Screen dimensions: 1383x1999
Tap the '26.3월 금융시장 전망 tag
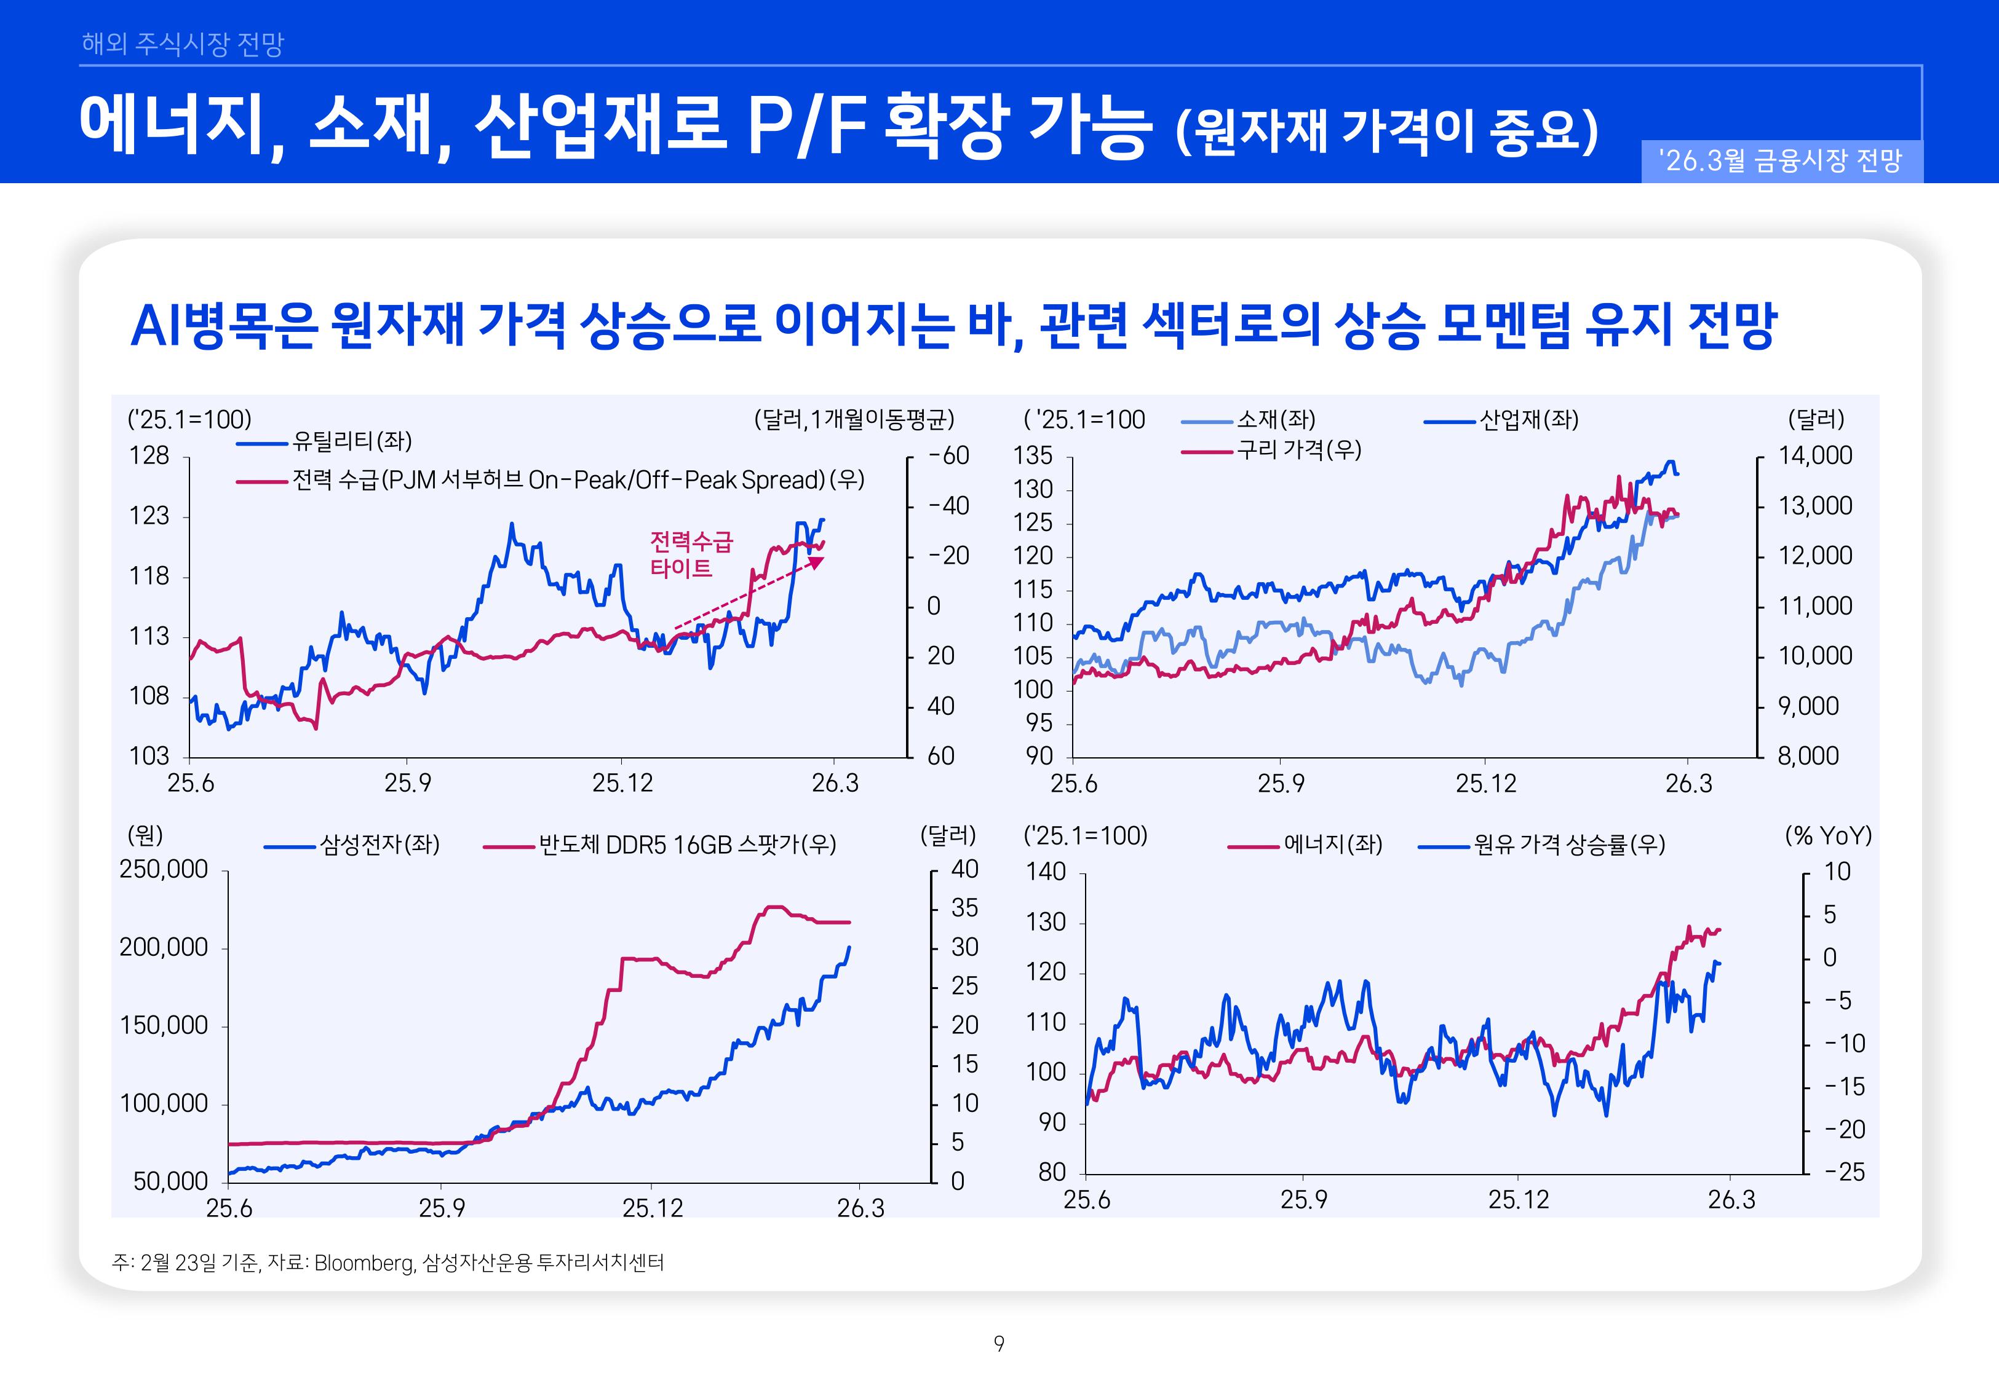[x=1781, y=161]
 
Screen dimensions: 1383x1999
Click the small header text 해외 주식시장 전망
[x=182, y=43]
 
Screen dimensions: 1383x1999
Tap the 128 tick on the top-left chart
[x=149, y=456]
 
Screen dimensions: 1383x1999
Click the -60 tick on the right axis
[x=948, y=456]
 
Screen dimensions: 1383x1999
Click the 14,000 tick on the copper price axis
[x=1815, y=456]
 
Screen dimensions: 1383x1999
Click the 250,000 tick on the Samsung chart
[x=164, y=869]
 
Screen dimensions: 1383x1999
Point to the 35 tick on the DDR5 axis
[x=964, y=908]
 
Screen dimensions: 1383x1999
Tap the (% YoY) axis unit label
[x=1828, y=835]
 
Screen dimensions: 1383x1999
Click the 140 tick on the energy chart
[x=1046, y=872]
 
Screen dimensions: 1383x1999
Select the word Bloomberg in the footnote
[x=364, y=1263]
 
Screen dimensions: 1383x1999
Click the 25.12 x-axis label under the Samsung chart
[x=652, y=1208]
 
